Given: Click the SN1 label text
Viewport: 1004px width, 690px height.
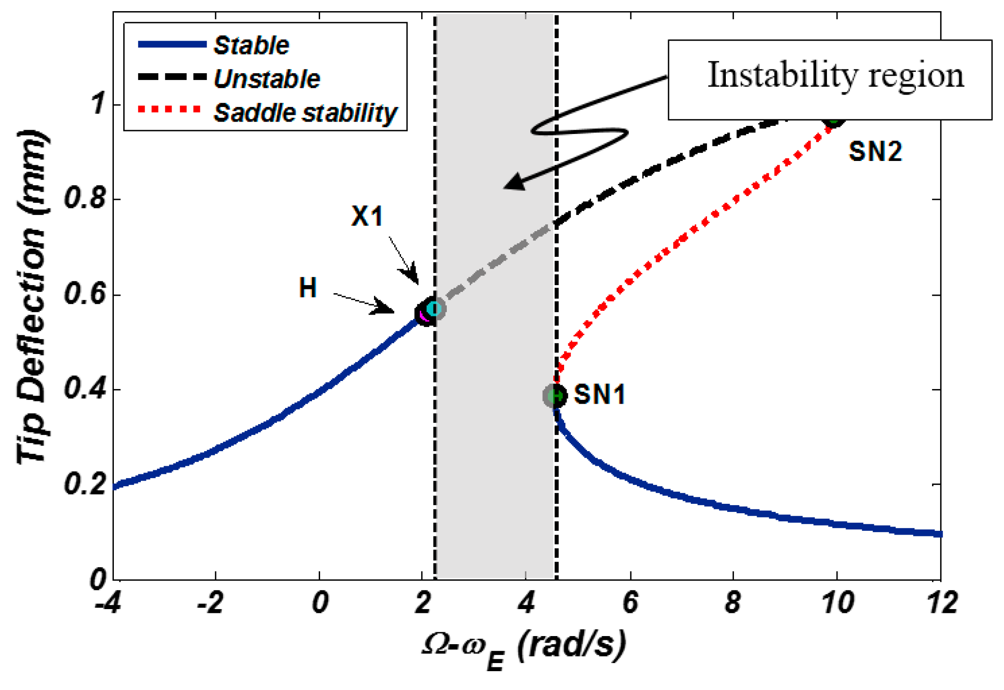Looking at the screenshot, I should pos(600,394).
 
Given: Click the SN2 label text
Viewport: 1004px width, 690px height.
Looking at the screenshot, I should pos(875,152).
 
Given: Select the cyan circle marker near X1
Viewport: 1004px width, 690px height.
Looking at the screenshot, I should pos(434,309).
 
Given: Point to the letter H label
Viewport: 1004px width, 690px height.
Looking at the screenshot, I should pos(308,288).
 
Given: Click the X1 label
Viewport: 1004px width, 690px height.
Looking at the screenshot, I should pos(366,216).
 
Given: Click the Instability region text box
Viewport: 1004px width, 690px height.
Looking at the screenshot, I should pos(829,80).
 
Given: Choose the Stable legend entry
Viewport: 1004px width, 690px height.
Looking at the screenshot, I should pos(251,45).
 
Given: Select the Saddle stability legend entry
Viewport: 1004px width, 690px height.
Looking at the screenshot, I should pos(305,113).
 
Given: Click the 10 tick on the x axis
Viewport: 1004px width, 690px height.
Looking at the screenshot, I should pos(838,603).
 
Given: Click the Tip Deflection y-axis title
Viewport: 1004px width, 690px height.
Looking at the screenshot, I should pos(33,298).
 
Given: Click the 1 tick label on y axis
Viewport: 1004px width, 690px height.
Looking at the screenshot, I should pos(98,104).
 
